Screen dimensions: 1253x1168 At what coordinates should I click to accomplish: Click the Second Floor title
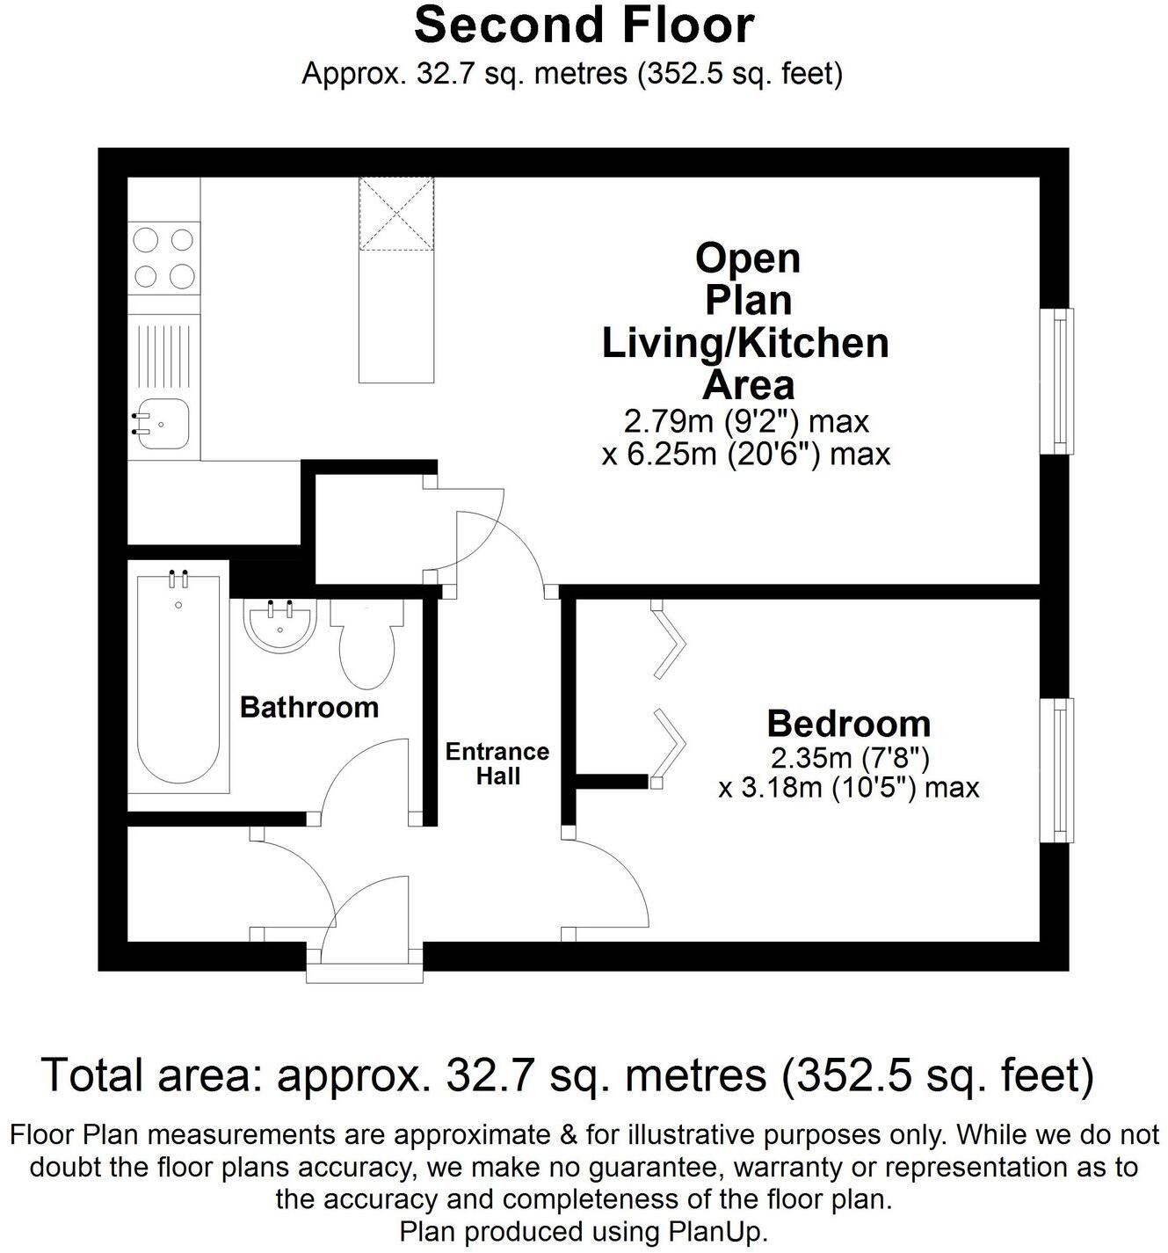click(x=584, y=25)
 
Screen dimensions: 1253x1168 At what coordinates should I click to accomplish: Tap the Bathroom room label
click(x=308, y=707)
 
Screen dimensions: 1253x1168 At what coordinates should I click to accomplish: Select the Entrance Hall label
click(x=497, y=763)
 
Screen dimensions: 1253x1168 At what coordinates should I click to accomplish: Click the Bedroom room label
click(x=848, y=723)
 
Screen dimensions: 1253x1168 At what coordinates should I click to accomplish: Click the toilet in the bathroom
click(x=367, y=646)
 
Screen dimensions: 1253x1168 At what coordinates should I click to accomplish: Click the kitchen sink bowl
click(x=162, y=426)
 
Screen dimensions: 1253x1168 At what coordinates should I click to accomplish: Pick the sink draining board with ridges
click(x=163, y=357)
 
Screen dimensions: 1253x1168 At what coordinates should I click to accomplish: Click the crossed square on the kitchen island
click(x=396, y=213)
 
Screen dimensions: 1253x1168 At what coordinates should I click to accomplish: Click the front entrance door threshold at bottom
click(x=365, y=973)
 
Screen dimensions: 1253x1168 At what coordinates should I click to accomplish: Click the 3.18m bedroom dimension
click(x=848, y=787)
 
